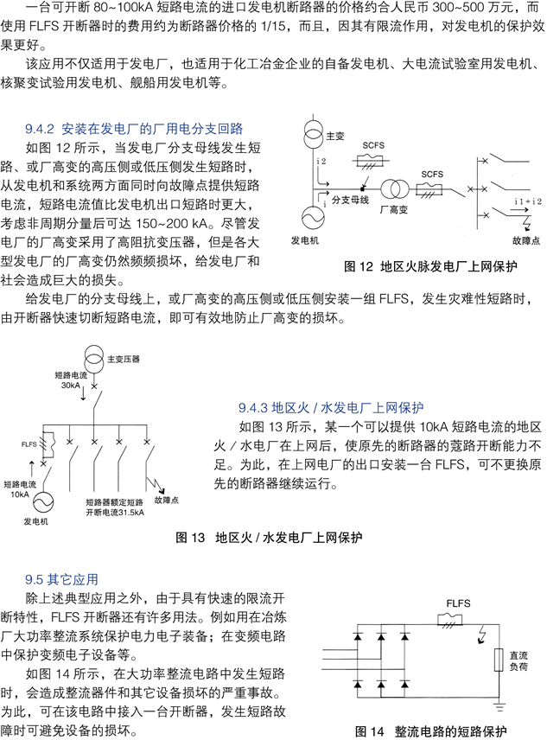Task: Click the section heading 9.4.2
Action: click(x=134, y=129)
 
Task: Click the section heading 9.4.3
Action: click(x=331, y=408)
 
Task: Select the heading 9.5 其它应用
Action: click(x=61, y=579)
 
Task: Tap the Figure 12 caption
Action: click(x=430, y=266)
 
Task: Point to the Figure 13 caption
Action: click(x=269, y=538)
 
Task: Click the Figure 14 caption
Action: click(x=430, y=731)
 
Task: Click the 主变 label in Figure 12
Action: click(x=335, y=137)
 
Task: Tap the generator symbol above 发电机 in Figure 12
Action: click(x=313, y=218)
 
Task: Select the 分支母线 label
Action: click(x=350, y=200)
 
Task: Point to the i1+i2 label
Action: click(x=528, y=201)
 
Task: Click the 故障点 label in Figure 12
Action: click(x=526, y=240)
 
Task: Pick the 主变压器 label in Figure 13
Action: click(x=124, y=359)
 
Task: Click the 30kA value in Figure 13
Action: click(x=71, y=386)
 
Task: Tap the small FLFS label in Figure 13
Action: click(x=29, y=444)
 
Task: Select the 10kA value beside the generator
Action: click(x=20, y=494)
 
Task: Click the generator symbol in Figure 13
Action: click(x=42, y=502)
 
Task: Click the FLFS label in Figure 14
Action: click(x=458, y=603)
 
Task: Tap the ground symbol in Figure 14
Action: click(x=499, y=707)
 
